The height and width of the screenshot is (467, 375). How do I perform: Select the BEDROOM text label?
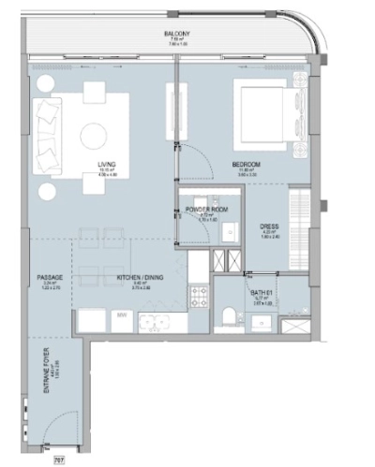point(246,165)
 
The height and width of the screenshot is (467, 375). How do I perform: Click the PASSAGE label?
point(50,279)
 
